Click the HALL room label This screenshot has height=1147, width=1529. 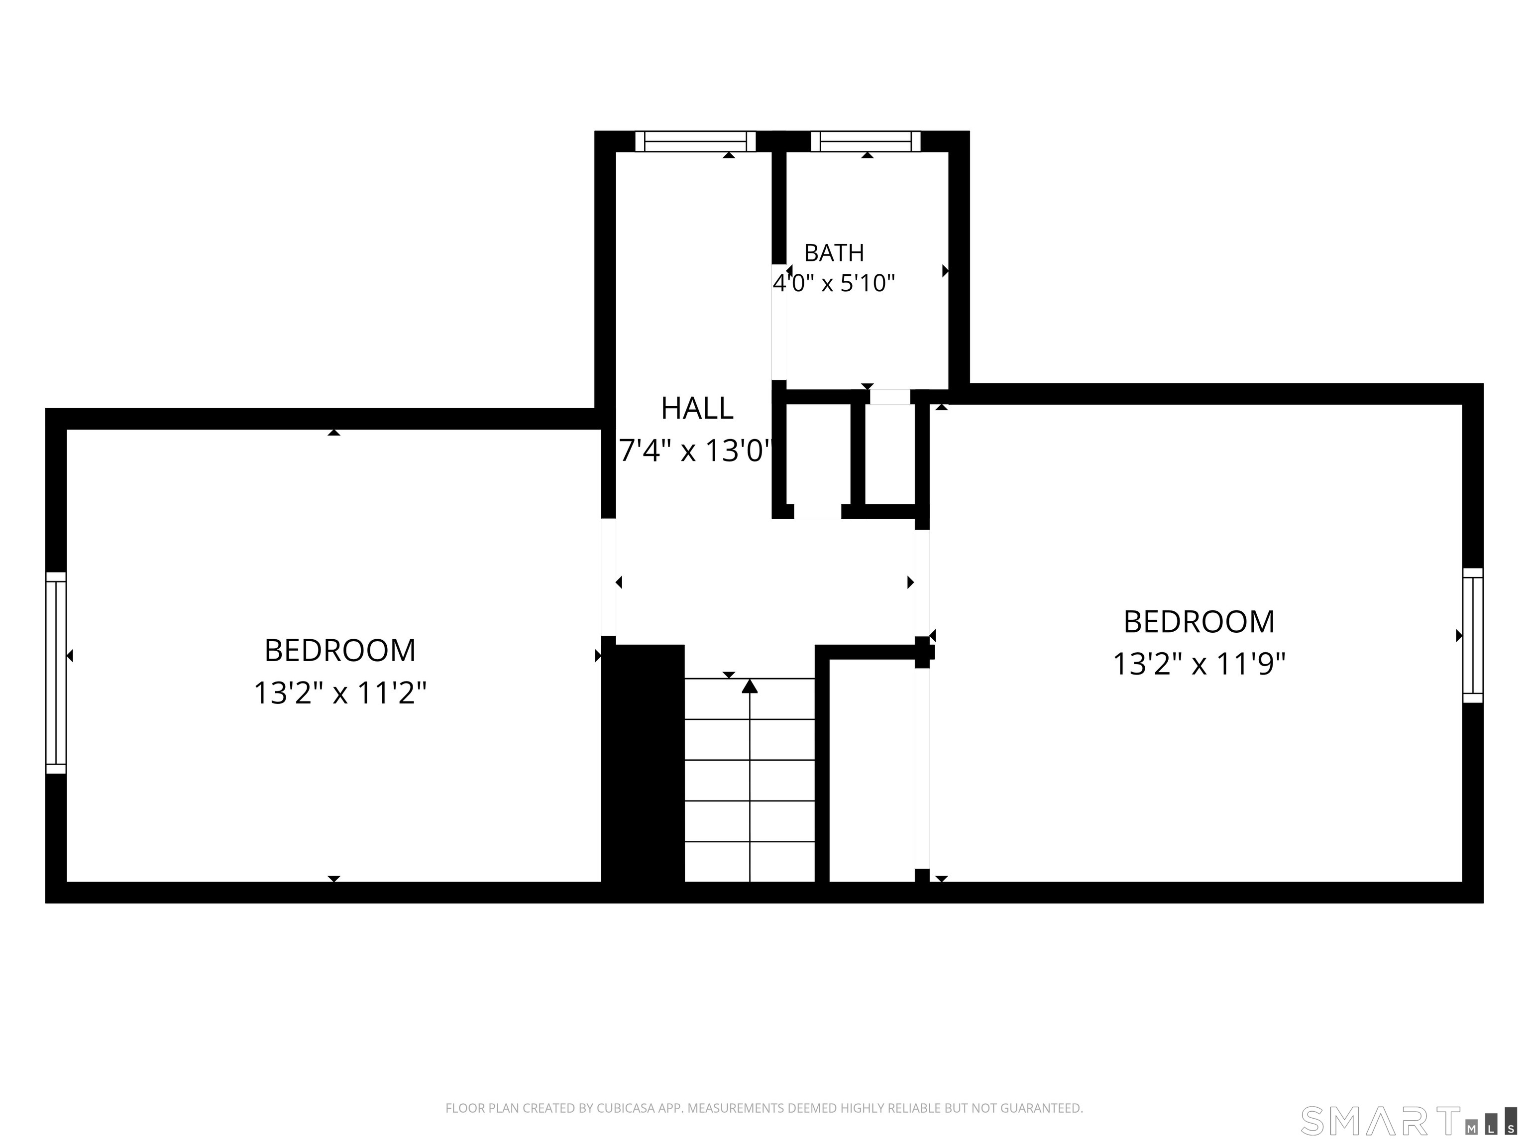(697, 409)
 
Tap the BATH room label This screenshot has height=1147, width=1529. (834, 253)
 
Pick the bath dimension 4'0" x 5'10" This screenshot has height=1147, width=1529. (834, 283)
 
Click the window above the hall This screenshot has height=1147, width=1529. (695, 141)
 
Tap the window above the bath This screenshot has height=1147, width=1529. (866, 141)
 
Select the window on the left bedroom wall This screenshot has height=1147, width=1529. (56, 673)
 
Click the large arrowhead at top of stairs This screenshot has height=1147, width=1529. (750, 686)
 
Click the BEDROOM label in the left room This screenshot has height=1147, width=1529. (340, 651)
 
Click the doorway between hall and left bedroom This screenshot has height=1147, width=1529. (608, 576)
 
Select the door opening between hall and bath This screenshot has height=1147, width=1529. (779, 322)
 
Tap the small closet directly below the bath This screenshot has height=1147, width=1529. (818, 454)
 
